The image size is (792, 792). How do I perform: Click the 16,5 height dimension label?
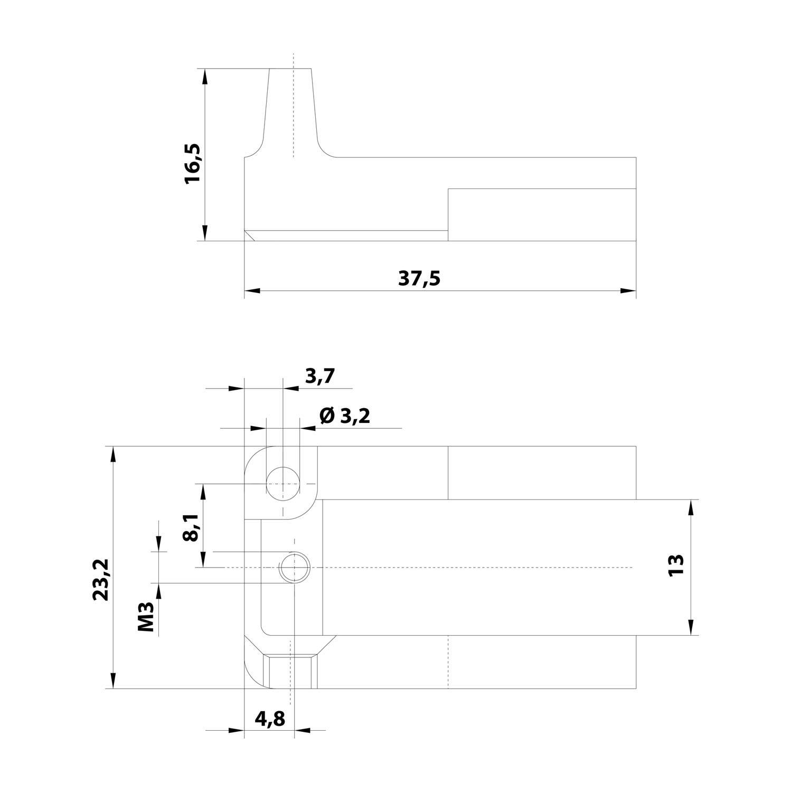coord(193,163)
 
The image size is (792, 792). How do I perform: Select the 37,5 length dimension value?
coord(419,278)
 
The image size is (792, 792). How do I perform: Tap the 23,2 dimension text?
coord(100,579)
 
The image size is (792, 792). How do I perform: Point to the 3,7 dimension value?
coord(320,376)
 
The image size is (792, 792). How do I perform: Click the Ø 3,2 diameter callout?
coord(345,417)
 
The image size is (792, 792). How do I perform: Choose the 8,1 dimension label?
coord(191,527)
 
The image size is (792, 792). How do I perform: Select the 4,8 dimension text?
coord(269,719)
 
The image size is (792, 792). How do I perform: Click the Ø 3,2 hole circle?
coord(282,484)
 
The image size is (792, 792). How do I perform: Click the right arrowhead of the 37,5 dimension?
coord(628,290)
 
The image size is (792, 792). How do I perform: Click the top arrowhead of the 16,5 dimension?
coord(205,77)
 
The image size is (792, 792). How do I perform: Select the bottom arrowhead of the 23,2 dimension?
coord(112,681)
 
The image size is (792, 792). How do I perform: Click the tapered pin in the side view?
coord(291,111)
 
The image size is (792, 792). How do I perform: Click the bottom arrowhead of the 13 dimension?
coord(690,627)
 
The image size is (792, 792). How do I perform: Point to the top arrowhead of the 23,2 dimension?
coord(112,454)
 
